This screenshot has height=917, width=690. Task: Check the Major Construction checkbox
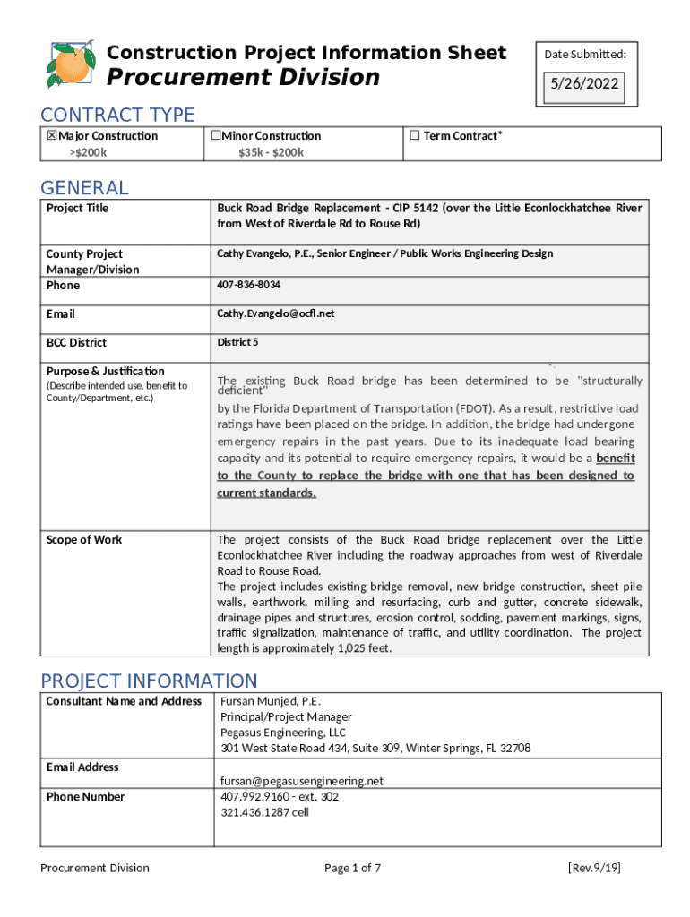click(52, 136)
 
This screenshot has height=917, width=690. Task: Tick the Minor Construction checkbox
click(215, 136)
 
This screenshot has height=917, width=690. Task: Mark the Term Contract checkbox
click(414, 136)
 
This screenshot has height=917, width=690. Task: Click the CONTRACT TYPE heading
click(117, 115)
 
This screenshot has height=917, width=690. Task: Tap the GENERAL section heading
click(84, 187)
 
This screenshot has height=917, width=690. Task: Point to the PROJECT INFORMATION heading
click(149, 681)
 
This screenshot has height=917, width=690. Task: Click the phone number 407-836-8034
click(248, 285)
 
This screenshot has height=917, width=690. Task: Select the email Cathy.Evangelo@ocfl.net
click(275, 313)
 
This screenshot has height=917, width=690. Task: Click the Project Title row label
click(77, 208)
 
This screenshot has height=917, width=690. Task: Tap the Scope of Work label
click(84, 539)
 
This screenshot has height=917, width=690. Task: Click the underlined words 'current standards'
click(265, 493)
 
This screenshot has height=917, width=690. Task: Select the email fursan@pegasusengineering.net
click(302, 781)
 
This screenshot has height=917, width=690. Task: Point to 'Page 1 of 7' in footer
click(352, 868)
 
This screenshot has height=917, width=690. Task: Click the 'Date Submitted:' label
click(585, 55)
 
